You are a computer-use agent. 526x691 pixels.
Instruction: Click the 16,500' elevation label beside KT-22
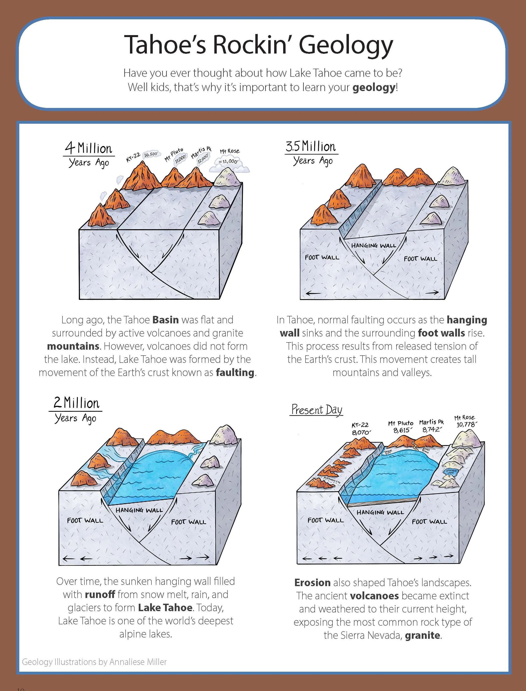coord(151,154)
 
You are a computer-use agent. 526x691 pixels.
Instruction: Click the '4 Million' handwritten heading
coord(89,148)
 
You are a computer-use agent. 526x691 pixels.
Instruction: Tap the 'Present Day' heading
coord(316,410)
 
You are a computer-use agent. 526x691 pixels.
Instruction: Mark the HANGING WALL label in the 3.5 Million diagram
coord(373,246)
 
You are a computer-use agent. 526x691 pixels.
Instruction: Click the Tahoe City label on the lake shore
coord(388,452)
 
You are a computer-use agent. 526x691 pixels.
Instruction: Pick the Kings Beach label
coord(426,450)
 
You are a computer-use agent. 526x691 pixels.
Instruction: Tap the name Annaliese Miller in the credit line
coord(138,662)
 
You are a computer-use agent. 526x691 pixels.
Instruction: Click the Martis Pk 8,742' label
coord(432,426)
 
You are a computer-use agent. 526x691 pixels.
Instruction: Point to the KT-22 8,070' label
coord(360,429)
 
